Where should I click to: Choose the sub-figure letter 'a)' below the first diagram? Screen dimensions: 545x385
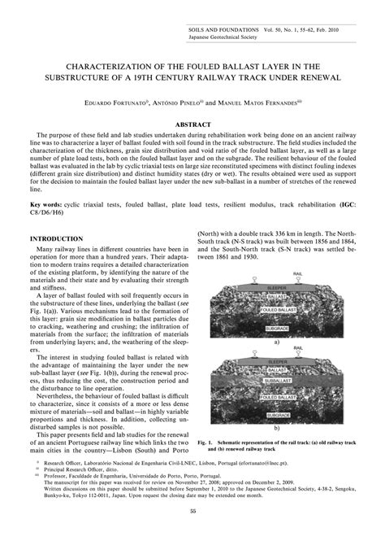[277, 343]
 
